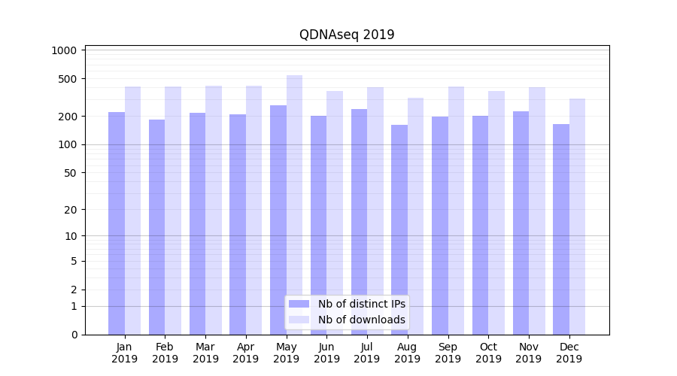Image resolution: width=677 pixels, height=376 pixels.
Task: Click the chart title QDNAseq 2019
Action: coord(347,35)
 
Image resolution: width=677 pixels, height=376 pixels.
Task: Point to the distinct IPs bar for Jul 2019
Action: coord(359,222)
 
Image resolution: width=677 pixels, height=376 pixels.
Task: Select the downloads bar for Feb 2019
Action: coord(173,211)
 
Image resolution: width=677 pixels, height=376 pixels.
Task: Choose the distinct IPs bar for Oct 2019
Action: coord(480,225)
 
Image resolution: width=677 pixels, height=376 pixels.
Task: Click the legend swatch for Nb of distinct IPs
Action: coord(299,304)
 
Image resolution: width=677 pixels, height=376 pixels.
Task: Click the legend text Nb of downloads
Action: coord(361,320)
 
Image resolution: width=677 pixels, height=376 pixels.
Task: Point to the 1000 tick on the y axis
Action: coord(65,50)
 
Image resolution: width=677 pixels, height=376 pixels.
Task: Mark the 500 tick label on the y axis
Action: coord(68,79)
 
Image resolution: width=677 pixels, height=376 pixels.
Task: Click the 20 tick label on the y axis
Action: coord(71,210)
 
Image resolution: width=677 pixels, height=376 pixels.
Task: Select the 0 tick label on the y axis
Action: coord(74,335)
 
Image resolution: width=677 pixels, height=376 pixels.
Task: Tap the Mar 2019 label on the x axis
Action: coord(205,353)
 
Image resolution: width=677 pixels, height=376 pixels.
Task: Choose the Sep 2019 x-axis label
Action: coord(448,353)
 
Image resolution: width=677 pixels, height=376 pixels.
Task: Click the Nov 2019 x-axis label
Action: coord(529,353)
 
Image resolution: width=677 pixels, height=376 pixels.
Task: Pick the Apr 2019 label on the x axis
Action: coord(246,353)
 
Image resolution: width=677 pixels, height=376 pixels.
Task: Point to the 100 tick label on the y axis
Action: coord(68,144)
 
